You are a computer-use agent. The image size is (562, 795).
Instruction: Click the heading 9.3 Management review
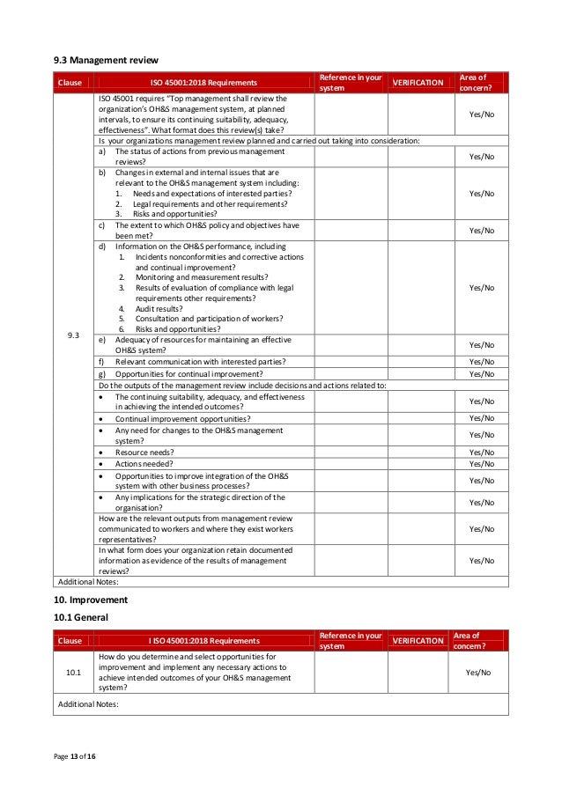click(x=100, y=60)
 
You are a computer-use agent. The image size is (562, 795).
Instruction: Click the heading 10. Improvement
click(x=91, y=600)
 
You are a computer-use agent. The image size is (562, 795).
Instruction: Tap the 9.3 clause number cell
click(x=74, y=335)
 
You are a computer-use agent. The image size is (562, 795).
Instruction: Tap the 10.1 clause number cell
click(x=74, y=672)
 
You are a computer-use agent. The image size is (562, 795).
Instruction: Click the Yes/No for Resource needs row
click(x=482, y=453)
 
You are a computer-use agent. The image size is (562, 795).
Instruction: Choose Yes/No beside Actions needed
click(x=482, y=464)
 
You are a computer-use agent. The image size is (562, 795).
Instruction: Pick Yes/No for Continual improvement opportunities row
click(x=482, y=418)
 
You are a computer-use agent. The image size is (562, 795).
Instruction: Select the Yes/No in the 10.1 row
click(x=478, y=672)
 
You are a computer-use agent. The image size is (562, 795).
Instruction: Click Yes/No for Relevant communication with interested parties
click(x=482, y=362)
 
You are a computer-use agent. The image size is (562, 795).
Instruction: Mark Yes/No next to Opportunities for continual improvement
click(x=482, y=374)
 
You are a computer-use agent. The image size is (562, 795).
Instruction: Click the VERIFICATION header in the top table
click(x=418, y=83)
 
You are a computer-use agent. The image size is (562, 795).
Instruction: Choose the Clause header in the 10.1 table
click(x=70, y=641)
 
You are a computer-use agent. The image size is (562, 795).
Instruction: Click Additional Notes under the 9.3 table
click(x=87, y=582)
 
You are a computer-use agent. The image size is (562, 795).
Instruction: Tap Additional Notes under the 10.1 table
click(x=87, y=704)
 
